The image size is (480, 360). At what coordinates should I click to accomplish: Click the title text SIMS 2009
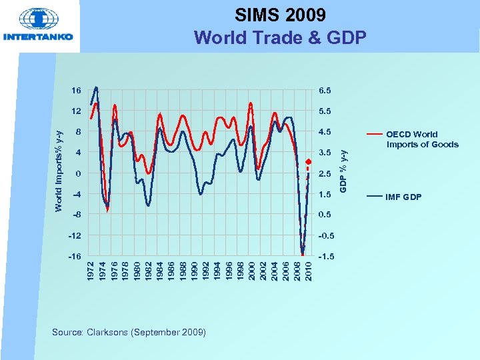280,15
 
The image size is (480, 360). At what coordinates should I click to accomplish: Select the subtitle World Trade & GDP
280,37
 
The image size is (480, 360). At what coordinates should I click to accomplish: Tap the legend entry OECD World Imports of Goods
422,139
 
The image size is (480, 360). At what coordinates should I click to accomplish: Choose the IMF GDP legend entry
403,197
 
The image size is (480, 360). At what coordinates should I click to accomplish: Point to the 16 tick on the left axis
77,90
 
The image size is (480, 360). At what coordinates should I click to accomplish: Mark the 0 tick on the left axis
78,173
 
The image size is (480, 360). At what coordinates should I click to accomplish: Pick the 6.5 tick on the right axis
328,90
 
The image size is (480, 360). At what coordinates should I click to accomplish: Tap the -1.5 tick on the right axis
327,257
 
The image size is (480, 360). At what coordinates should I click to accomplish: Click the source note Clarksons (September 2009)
129,332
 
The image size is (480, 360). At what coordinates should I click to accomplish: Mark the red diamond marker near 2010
308,161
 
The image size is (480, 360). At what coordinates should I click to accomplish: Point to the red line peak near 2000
251,103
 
